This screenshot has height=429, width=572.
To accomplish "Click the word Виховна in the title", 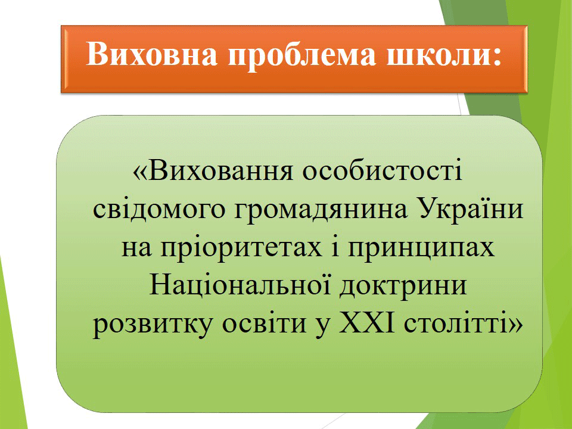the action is [151, 54].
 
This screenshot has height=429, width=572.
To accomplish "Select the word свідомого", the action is [157, 209].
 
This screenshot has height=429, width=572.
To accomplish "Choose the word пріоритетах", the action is [241, 248].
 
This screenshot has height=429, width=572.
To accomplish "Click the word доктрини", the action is [403, 287].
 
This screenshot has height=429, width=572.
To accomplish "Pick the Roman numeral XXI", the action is [367, 322].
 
